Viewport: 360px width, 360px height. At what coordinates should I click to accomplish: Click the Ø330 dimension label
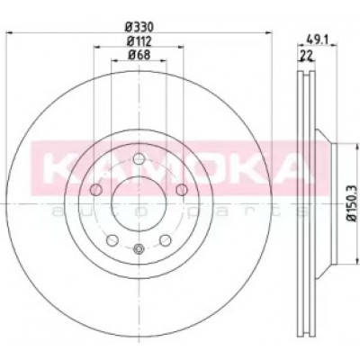(139, 28)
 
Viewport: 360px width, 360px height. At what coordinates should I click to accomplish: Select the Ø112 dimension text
(139, 41)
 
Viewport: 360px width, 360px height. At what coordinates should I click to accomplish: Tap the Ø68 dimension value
(139, 55)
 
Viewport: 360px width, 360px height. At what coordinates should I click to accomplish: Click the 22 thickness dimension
(306, 55)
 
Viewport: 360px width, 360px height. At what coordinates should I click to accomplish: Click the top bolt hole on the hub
(139, 158)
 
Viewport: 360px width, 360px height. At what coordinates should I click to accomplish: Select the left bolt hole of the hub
(96, 190)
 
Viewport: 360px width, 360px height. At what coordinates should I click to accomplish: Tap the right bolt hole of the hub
(182, 190)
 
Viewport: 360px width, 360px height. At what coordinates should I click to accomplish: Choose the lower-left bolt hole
(112, 240)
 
